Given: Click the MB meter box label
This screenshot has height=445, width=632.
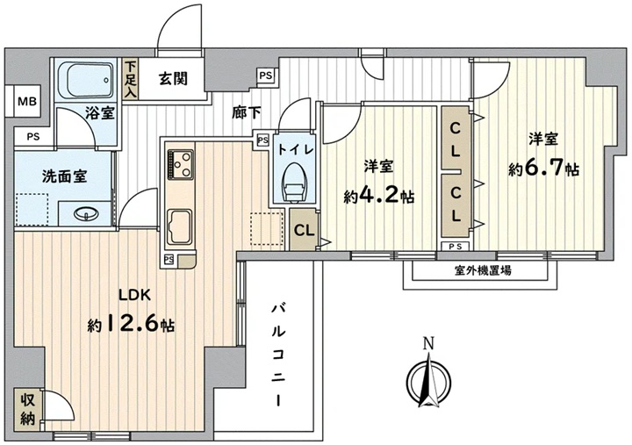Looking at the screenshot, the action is pos(27,101).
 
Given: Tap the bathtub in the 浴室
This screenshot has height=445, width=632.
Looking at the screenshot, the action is pos(85,80).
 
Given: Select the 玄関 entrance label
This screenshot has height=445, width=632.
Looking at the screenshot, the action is pos(173,79).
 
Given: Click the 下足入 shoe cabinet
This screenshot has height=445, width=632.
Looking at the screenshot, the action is pos(130,79).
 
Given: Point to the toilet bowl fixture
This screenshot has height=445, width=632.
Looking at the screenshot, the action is pos(293,183).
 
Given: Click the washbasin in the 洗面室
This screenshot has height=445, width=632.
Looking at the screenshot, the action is pos(86,213).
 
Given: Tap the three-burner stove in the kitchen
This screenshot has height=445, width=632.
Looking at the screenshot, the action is pos(181,164).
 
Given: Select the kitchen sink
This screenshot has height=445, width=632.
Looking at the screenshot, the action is pos(179,227).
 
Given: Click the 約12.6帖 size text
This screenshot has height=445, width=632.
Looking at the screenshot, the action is pos(131,325).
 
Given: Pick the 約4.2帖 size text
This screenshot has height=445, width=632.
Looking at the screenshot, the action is pos(379,197).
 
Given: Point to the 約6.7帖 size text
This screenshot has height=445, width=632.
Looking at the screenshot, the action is pos(543,169).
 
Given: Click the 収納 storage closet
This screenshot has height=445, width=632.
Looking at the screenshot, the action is pos(27,410).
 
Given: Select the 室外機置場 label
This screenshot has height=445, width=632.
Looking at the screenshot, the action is pos(483,270).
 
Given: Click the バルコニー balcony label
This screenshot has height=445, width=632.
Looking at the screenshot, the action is pos(277,355).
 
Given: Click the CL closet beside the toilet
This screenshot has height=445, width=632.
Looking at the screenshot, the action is pos(304,230).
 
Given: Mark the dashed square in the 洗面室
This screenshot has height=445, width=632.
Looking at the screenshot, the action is pos(32,209).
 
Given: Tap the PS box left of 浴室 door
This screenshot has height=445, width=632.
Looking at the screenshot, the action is pos(33,137).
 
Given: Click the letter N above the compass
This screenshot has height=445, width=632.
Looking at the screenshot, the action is pos(428,344).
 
